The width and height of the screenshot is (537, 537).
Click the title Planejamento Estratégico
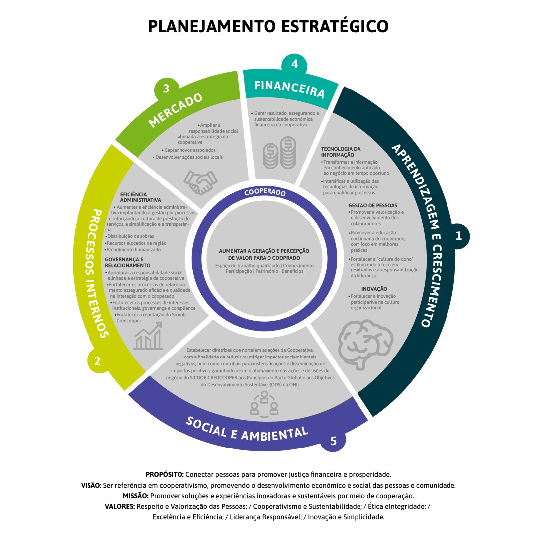tap(268, 26)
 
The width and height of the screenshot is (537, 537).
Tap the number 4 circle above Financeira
tap(295, 64)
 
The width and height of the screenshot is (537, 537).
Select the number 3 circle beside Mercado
tap(166, 89)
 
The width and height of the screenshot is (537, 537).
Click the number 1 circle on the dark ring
tap(459, 236)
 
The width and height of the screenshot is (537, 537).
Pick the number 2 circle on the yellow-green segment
tap(98, 361)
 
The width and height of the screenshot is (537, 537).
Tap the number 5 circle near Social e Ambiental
tap(333, 440)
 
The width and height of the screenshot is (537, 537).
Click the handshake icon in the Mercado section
tap(201, 181)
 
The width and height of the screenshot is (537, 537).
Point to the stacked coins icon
tap(279, 153)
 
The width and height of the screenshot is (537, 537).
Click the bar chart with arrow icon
tap(148, 336)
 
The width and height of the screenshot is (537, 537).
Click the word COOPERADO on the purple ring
tap(265, 192)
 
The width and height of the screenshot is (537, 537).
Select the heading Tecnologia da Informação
tap(341, 152)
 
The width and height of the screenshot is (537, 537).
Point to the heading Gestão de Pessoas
tap(372, 205)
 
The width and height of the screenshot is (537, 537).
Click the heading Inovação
tap(374, 289)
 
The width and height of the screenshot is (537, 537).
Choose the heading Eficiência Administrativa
tap(141, 197)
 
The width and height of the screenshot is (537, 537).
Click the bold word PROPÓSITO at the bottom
tap(165, 474)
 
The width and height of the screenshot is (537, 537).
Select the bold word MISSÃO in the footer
tap(135, 496)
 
